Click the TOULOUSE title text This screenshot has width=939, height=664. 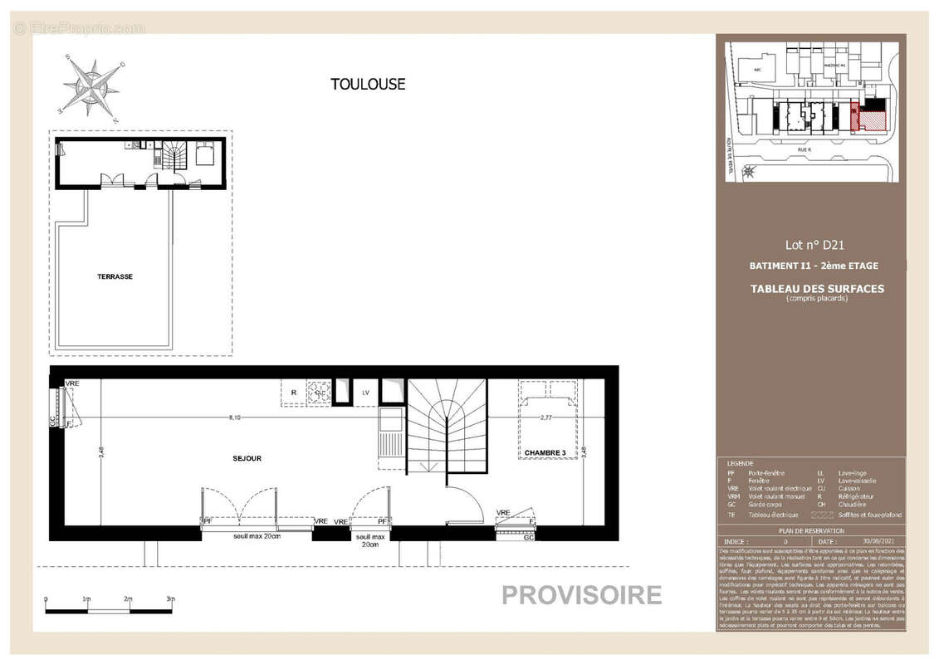click(368, 84)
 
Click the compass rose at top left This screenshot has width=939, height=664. click(90, 85)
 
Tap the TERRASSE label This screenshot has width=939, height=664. click(115, 276)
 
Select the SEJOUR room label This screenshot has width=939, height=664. click(247, 458)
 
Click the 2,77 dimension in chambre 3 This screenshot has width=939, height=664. click(545, 417)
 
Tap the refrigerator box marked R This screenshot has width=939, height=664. click(294, 393)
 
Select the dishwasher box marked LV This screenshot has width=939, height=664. click(364, 392)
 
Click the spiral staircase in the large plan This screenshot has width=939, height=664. click(446, 425)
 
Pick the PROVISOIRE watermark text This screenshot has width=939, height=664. click(581, 595)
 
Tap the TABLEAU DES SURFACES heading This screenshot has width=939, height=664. click(817, 289)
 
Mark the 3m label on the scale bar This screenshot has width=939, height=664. click(169, 599)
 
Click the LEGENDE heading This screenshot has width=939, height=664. click(740, 463)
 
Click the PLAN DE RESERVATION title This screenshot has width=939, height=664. click(811, 531)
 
